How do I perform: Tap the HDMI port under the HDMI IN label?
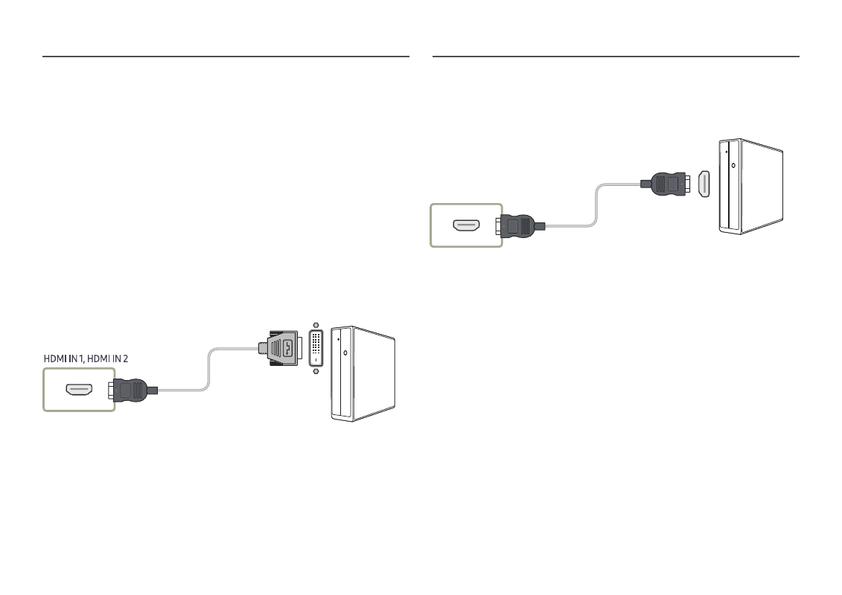click(78, 389)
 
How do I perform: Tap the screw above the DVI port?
click(316, 325)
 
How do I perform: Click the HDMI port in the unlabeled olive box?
click(467, 224)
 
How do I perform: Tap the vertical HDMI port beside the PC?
click(704, 183)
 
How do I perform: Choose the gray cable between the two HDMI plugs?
click(596, 208)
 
